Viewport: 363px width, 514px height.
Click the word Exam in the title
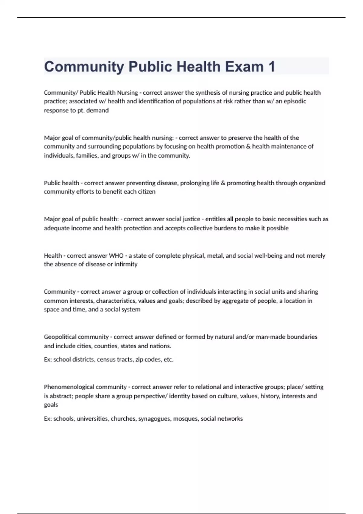[244, 67]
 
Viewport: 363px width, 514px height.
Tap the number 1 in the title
[271, 67]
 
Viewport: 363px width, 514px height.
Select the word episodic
[295, 101]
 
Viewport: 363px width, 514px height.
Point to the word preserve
[240, 138]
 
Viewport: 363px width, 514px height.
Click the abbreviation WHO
[116, 256]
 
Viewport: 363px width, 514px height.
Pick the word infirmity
[126, 264]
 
